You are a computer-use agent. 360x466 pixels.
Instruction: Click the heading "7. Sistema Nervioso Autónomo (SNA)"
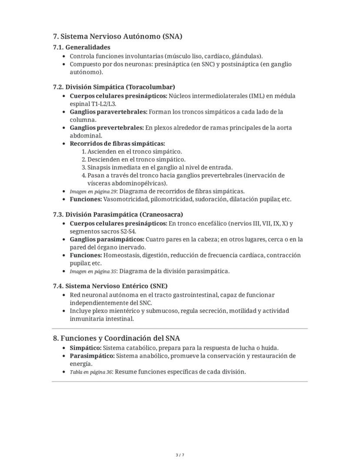point(117,37)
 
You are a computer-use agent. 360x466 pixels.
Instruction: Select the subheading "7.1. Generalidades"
point(81,47)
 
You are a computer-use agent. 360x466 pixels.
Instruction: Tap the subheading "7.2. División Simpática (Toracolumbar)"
point(114,87)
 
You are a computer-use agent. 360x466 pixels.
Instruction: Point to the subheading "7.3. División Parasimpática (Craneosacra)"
point(118,215)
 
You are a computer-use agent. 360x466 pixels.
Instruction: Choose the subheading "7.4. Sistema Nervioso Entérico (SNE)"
point(110,286)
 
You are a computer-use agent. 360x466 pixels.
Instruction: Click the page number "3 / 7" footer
point(180,455)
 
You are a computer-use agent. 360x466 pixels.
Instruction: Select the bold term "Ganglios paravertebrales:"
point(108,112)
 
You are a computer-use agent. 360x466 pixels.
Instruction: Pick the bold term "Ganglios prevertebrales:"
point(107,128)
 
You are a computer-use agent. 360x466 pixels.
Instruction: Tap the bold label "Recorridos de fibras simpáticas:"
point(117,144)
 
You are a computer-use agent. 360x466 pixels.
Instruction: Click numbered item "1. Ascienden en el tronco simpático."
point(132,151)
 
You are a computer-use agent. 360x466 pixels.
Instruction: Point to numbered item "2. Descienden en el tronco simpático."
point(133,159)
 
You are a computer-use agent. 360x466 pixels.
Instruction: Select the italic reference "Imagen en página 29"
point(93,191)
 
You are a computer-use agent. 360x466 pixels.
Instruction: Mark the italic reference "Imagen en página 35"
point(93,272)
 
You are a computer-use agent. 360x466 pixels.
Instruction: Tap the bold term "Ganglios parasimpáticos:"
point(107,239)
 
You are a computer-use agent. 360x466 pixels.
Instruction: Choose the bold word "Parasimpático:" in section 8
point(92,356)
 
